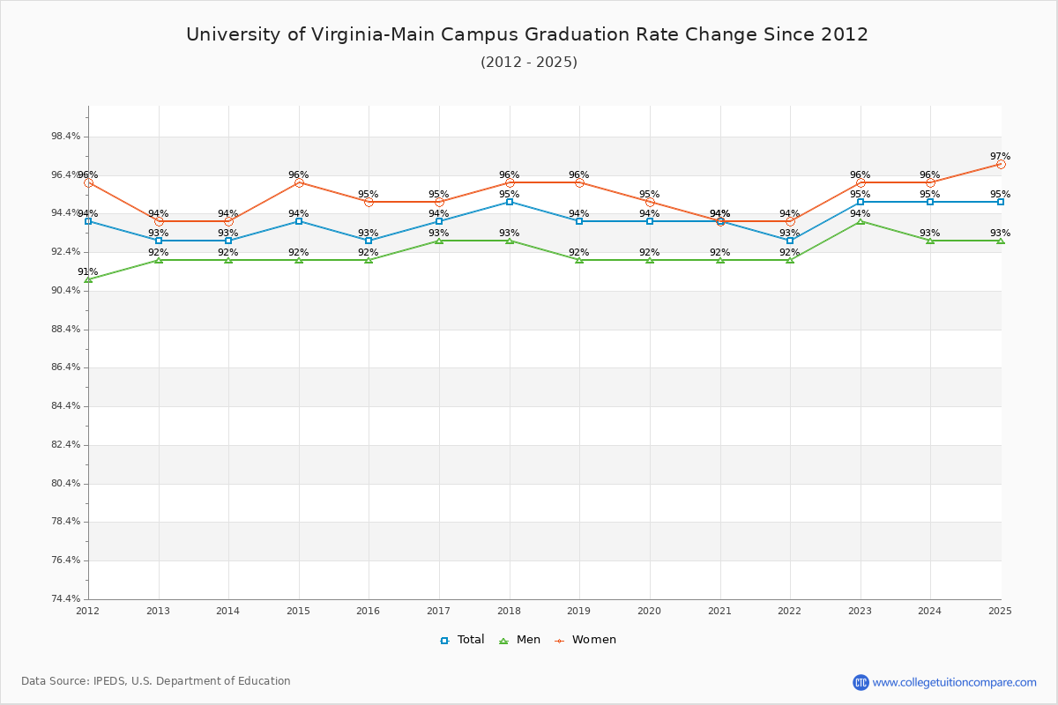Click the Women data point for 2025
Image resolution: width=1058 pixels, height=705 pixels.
tap(1001, 164)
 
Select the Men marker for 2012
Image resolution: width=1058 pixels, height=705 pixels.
tap(88, 279)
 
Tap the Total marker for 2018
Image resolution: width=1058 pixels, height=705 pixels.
tap(510, 202)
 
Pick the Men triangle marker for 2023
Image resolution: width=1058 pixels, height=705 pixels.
tap(861, 221)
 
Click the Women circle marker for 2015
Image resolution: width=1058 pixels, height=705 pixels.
tap(299, 182)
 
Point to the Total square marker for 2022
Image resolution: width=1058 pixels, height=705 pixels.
tap(790, 241)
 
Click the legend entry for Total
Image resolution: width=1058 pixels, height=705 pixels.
tap(462, 640)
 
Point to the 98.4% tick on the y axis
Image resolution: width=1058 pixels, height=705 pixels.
tap(66, 137)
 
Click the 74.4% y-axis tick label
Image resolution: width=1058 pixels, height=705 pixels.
tap(66, 599)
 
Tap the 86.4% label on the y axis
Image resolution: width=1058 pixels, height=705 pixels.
tap(66, 367)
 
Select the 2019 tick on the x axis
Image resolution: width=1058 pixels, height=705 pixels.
tap(579, 611)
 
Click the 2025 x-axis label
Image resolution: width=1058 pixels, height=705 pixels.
tap(1000, 611)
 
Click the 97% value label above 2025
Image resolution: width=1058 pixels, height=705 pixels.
tap(1000, 157)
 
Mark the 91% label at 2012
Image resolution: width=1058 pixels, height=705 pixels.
tap(88, 272)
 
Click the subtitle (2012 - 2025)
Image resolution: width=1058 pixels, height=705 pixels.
tap(529, 63)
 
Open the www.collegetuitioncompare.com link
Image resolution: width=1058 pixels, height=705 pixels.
tap(954, 682)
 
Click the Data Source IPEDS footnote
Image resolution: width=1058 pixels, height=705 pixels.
tap(156, 681)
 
